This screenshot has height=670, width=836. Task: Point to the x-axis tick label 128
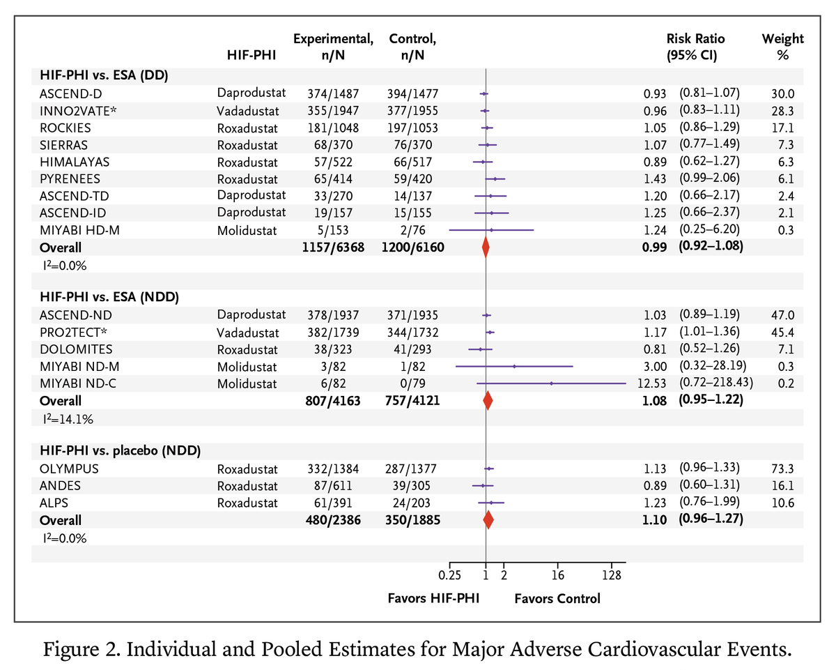[x=611, y=577]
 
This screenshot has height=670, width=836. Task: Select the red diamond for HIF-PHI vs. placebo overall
[x=488, y=520]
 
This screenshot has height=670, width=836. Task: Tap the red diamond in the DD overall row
[x=486, y=248]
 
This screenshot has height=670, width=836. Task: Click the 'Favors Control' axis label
[x=557, y=598]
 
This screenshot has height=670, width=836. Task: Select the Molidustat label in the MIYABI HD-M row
[x=247, y=230]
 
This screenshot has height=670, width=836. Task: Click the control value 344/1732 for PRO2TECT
[x=412, y=333]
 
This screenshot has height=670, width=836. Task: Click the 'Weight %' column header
[x=782, y=46]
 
